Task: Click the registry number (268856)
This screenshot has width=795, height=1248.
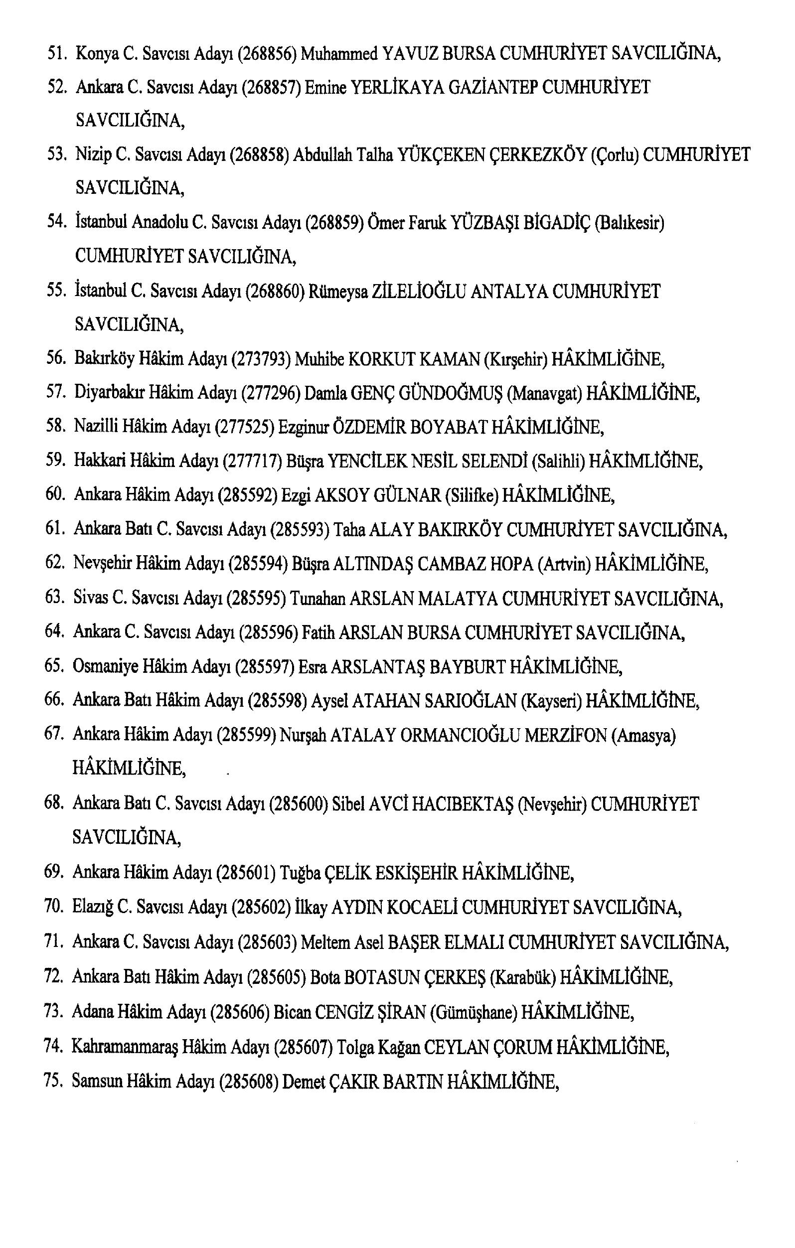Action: pyautogui.click(x=267, y=53)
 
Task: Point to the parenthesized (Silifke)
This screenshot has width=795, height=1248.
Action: pyautogui.click(x=472, y=495)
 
